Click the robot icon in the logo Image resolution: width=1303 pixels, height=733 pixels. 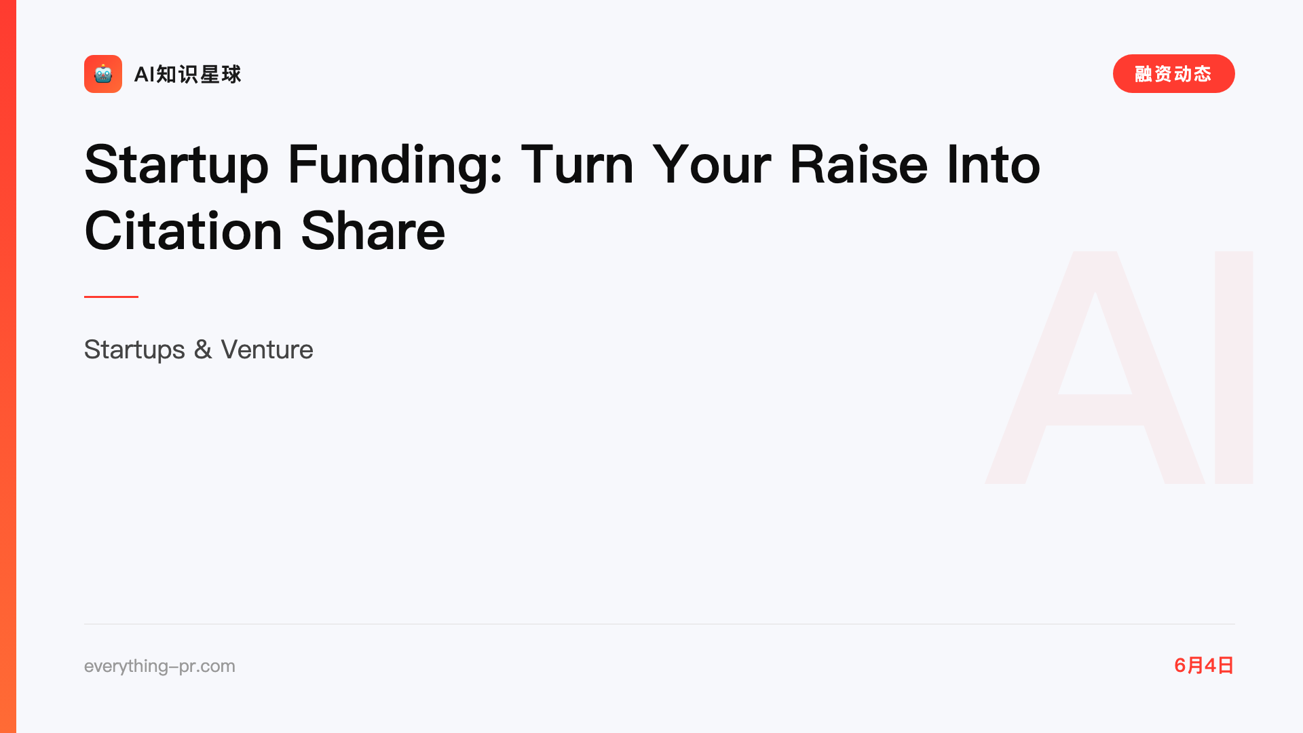tap(103, 74)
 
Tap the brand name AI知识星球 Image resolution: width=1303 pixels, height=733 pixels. tap(187, 74)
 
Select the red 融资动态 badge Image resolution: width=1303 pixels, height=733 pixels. tap(1173, 74)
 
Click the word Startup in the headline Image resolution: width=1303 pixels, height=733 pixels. tap(176, 166)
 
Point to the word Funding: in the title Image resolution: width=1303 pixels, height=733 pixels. tap(395, 166)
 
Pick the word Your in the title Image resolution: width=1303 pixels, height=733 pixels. tap(711, 165)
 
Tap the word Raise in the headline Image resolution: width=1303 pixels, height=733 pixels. tap(858, 164)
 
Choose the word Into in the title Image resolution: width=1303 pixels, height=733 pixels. tap(993, 164)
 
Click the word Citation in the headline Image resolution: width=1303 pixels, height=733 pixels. tap(183, 231)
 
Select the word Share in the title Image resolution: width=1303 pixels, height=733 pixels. tap(373, 231)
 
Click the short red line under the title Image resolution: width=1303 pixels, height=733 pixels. tap(111, 297)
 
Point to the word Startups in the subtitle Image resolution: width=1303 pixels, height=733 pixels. tap(134, 350)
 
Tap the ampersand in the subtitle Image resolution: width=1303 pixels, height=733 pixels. tap(203, 350)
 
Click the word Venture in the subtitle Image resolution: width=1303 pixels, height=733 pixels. tap(267, 350)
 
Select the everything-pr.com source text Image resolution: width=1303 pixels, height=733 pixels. tap(159, 666)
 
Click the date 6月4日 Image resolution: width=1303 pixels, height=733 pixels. tap(1204, 665)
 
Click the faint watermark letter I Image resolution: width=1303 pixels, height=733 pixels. tap(1234, 367)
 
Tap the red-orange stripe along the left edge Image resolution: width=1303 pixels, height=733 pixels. tap(8, 366)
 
